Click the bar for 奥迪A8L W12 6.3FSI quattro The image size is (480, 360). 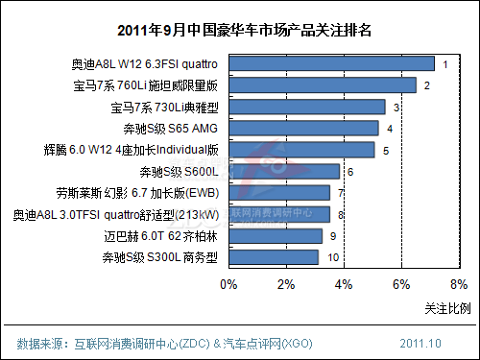point(331,64)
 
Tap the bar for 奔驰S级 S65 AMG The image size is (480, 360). point(303,128)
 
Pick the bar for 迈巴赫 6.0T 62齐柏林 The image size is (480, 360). point(276,235)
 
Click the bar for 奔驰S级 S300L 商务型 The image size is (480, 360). point(274,257)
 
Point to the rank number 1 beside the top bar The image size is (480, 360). point(444,64)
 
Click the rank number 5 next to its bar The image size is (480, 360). point(385,150)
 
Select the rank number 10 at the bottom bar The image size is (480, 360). point(333,257)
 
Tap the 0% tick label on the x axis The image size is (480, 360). point(228,284)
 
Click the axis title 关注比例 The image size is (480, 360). point(447,307)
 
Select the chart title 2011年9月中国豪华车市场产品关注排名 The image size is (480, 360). point(240,29)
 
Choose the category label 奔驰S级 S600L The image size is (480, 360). point(180,171)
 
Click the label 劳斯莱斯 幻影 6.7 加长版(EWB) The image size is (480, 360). point(153,193)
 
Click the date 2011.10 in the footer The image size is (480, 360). point(420,343)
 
